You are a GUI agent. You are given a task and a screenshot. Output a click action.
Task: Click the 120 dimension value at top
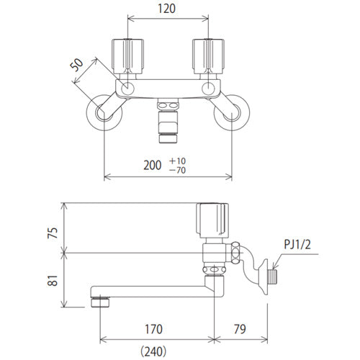pyautogui.click(x=166, y=9)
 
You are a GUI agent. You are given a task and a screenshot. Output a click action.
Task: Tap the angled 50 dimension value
pyautogui.click(x=77, y=65)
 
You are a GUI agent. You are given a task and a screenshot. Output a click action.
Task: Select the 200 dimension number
pyautogui.click(x=153, y=165)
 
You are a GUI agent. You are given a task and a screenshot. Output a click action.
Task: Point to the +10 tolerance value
pyautogui.click(x=177, y=161)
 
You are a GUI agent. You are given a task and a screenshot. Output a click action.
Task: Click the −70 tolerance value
pyautogui.click(x=177, y=170)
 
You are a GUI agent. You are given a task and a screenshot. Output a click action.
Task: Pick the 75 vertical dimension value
pyautogui.click(x=53, y=233)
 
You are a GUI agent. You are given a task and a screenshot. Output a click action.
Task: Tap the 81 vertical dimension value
pyautogui.click(x=53, y=280)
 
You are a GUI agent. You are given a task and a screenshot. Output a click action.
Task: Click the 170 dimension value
pyautogui.click(x=153, y=329)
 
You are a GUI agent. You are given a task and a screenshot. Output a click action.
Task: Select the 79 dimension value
pyautogui.click(x=240, y=329)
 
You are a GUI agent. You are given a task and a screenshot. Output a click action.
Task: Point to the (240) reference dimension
pyautogui.click(x=153, y=351)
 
